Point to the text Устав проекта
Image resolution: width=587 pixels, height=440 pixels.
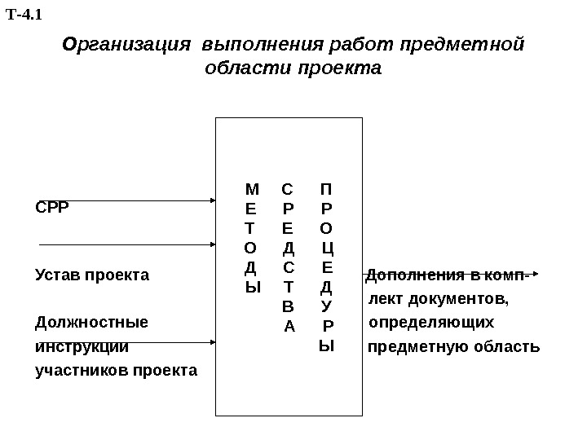[92, 275]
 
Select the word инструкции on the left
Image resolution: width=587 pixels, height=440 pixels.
[82, 347]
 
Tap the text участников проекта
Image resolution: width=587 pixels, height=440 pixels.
[117, 371]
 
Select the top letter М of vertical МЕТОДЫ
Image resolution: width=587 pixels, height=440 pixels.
[252, 190]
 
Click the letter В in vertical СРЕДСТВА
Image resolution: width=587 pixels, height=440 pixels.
[288, 307]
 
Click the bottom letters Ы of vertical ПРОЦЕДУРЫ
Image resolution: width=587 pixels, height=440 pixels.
[326, 345]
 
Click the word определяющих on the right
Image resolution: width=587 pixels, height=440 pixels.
[431, 323]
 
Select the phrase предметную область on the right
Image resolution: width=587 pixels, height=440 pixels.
[454, 348]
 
